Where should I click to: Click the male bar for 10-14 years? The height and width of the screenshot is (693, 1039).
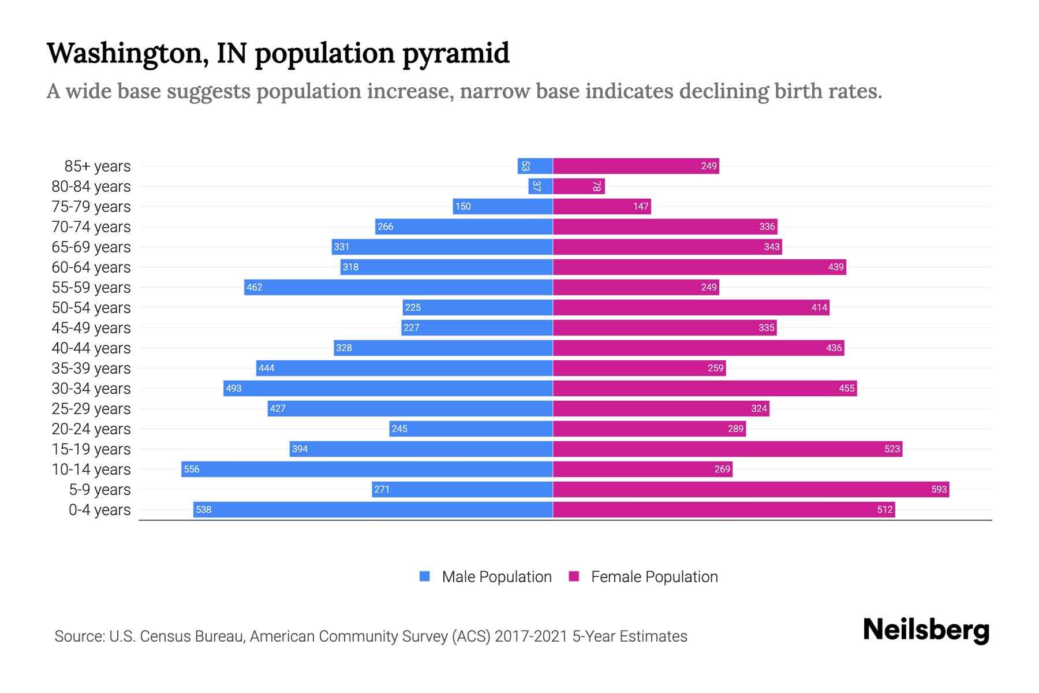click(x=367, y=469)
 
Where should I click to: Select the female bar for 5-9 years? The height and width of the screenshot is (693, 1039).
click(x=750, y=489)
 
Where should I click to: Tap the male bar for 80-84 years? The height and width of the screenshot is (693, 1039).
click(x=540, y=186)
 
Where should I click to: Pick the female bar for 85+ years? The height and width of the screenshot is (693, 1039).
click(x=635, y=166)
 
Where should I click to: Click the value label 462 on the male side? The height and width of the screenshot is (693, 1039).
click(x=254, y=287)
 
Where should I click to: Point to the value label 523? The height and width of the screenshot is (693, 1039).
click(x=892, y=449)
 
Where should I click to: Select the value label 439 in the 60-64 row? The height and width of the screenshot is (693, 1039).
click(x=835, y=267)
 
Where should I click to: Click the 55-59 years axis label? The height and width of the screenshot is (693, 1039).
click(x=91, y=287)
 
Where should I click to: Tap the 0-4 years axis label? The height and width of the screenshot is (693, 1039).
click(x=99, y=509)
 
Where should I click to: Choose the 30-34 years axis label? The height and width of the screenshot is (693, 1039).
click(x=91, y=388)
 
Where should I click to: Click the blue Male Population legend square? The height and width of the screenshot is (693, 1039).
click(x=425, y=576)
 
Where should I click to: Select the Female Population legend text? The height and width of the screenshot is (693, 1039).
click(x=654, y=576)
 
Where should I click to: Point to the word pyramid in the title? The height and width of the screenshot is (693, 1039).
click(x=455, y=53)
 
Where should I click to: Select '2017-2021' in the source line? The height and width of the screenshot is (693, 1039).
click(x=531, y=636)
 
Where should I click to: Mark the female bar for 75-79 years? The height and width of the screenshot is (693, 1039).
click(x=602, y=206)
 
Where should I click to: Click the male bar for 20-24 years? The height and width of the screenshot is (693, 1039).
click(x=471, y=429)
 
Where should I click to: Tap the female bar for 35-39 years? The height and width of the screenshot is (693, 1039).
click(x=639, y=368)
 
